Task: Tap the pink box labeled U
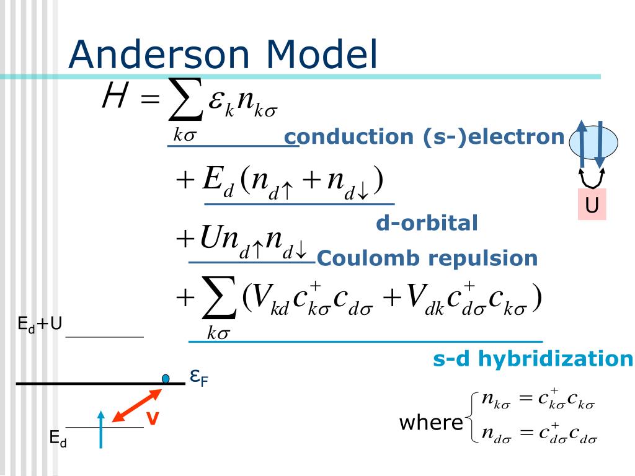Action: click(592, 205)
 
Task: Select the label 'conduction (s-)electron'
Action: click(425, 137)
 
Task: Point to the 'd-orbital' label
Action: click(427, 223)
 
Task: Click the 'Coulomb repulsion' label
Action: click(427, 258)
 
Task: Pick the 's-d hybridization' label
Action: click(533, 359)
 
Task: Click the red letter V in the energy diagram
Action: click(153, 420)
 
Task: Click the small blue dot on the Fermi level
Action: click(166, 378)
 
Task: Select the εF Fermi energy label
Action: click(198, 376)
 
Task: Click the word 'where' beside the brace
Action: click(430, 423)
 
